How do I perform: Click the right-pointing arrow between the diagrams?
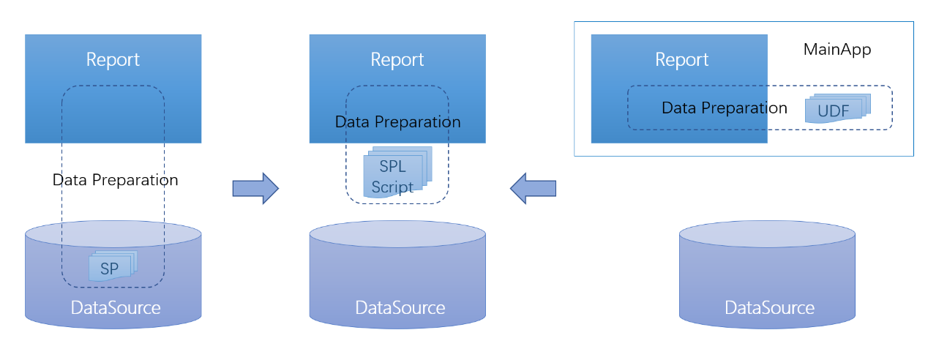tap(255, 189)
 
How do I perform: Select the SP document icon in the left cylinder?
tap(111, 268)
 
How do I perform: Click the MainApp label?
tap(837, 50)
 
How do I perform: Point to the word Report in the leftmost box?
tap(113, 59)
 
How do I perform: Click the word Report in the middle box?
tap(397, 59)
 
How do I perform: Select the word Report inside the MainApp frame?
tap(681, 59)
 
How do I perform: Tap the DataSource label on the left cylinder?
tap(116, 307)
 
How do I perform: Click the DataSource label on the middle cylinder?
tap(400, 307)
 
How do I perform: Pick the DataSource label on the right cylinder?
tap(769, 307)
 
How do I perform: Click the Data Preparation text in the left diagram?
tap(115, 180)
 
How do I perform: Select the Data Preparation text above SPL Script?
tap(397, 122)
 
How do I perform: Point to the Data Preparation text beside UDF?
tap(724, 108)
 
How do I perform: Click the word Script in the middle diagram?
tap(392, 187)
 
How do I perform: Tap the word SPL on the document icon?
tap(392, 167)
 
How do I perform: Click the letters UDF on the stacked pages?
tap(833, 112)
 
